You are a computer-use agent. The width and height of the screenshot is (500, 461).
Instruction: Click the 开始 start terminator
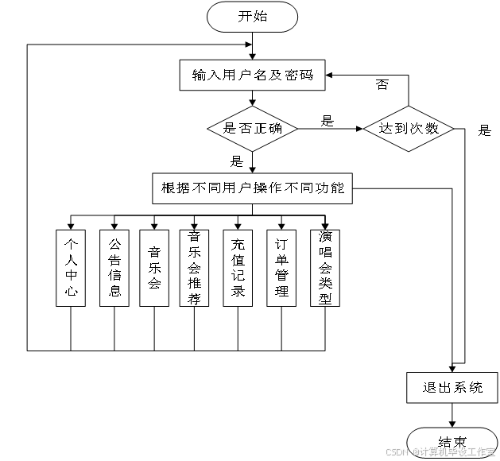click(252, 17)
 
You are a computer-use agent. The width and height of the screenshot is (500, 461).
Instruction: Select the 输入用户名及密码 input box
click(252, 76)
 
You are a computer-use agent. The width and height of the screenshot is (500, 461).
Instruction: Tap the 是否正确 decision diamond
click(252, 128)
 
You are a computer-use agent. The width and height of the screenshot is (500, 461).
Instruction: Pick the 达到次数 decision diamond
click(409, 128)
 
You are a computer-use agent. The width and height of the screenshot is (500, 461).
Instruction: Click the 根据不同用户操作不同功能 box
click(252, 188)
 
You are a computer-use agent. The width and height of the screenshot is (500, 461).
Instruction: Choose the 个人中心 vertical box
click(71, 268)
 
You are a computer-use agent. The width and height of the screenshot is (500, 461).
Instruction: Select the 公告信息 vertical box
click(114, 268)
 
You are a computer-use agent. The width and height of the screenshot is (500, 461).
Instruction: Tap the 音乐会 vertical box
click(154, 268)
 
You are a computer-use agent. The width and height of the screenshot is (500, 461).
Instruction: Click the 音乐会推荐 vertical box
click(194, 268)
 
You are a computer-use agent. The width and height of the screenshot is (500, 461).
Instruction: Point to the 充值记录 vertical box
click(237, 268)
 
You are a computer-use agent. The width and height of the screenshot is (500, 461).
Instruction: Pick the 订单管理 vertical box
click(281, 268)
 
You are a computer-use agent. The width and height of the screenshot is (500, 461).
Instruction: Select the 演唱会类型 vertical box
click(324, 268)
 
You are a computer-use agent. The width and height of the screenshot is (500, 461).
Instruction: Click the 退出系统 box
click(452, 388)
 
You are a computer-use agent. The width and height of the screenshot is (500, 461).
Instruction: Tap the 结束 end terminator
click(452, 441)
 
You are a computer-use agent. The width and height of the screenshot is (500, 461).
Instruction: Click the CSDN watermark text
click(396, 451)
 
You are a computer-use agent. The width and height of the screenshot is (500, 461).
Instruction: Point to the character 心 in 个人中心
click(71, 292)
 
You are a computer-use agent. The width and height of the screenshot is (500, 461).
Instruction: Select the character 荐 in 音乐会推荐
click(194, 299)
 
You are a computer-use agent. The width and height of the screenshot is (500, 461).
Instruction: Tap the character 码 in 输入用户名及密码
click(305, 76)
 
